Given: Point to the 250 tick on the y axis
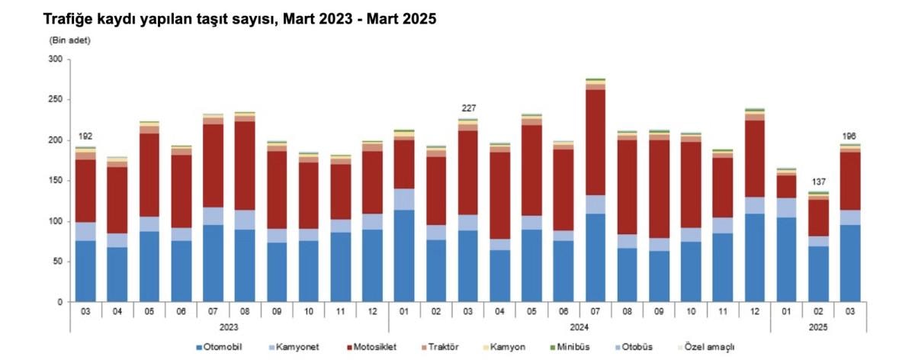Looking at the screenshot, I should (56, 100).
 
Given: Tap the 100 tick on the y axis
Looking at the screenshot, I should (56, 221).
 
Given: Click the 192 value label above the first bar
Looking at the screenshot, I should (85, 137).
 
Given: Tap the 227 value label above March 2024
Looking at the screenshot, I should (468, 108).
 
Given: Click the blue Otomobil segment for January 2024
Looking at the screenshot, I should (404, 256).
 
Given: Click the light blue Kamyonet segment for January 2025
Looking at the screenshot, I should (786, 207).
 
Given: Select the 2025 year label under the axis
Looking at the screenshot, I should (818, 326).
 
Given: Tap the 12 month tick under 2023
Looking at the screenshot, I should (372, 311).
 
